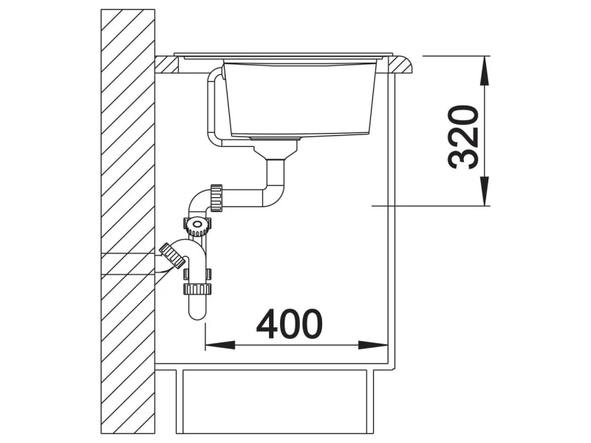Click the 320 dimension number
pos(463,137)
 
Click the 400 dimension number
pos(289,324)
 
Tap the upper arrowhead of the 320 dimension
pos(486,70)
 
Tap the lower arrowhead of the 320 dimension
pos(486,191)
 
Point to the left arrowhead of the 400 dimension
pos(219,345)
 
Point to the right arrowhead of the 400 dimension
pos(373,345)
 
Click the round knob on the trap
pos(197,225)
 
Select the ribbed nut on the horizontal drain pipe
pos(216,198)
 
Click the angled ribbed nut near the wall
pos(172,255)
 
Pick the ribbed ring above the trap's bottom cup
pos(197,289)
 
